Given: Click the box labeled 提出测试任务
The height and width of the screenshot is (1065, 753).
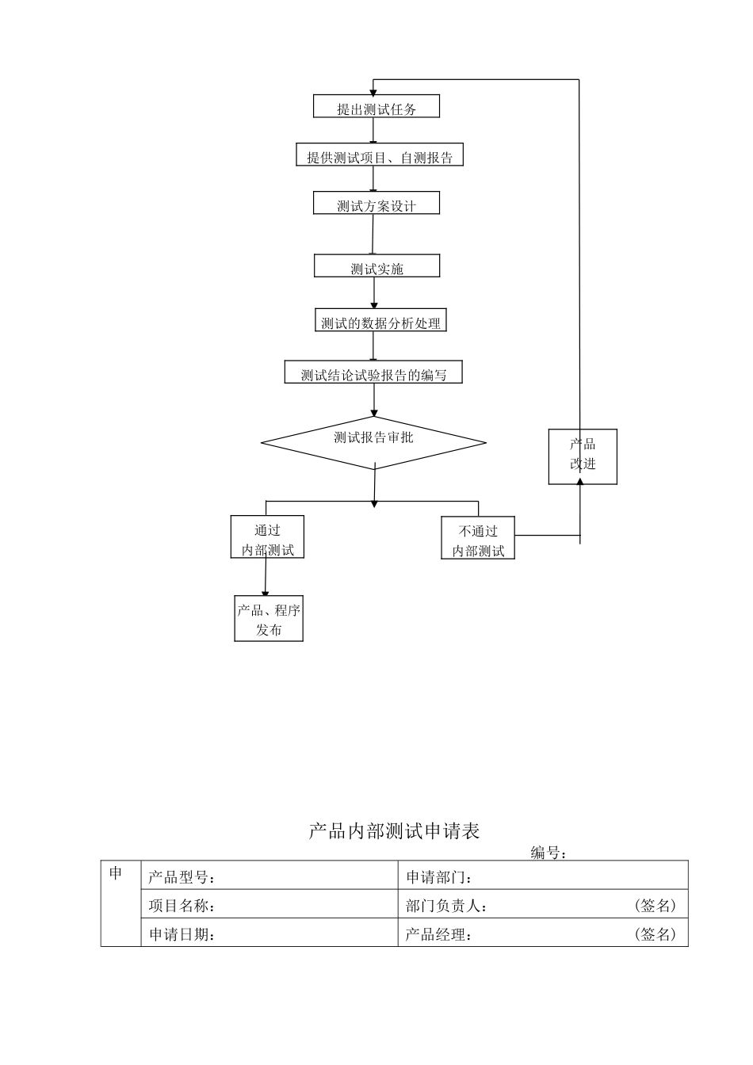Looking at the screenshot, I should click(x=376, y=107).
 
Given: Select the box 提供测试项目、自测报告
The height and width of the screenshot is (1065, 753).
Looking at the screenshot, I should click(x=380, y=155).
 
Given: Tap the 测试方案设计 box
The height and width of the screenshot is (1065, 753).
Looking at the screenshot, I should click(x=376, y=204).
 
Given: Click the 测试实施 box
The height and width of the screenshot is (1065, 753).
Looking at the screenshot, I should click(x=376, y=266).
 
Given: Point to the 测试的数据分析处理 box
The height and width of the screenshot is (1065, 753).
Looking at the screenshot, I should click(x=380, y=321).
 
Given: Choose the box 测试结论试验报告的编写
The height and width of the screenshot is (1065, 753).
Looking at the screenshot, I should click(x=373, y=373).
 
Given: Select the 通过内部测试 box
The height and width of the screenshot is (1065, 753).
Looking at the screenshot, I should click(x=267, y=538).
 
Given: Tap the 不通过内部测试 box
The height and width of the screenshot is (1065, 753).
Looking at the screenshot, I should click(x=478, y=539).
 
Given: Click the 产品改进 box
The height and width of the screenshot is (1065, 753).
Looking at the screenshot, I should click(x=583, y=456).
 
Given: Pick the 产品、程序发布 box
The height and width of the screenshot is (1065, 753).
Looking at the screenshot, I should click(x=269, y=618).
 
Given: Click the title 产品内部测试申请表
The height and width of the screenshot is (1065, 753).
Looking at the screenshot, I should click(x=394, y=831).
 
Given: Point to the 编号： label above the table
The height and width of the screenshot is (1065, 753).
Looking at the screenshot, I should click(x=549, y=853).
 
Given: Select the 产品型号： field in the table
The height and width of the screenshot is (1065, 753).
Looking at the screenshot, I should click(x=182, y=877).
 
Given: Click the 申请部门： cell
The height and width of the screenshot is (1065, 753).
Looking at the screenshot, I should click(x=440, y=877).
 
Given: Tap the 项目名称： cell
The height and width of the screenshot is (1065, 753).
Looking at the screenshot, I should click(x=182, y=906).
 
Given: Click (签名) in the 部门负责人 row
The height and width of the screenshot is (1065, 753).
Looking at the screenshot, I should click(x=656, y=906).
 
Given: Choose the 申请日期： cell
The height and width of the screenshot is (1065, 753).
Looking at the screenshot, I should click(x=182, y=934).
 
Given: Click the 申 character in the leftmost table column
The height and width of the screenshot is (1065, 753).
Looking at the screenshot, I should click(x=117, y=874).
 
